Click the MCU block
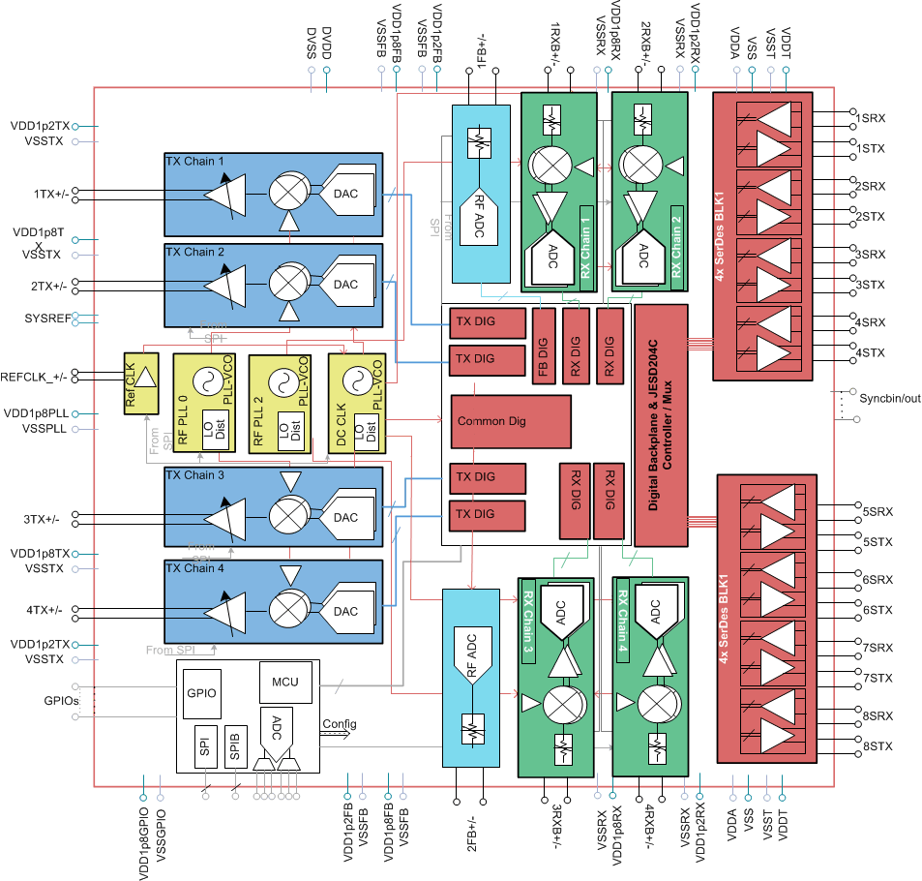[x=285, y=683]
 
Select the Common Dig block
[x=490, y=421]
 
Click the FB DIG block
[x=545, y=343]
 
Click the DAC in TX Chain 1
[x=344, y=193]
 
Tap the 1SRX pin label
[x=871, y=118]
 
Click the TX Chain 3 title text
[x=195, y=475]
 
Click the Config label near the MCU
[x=339, y=724]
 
